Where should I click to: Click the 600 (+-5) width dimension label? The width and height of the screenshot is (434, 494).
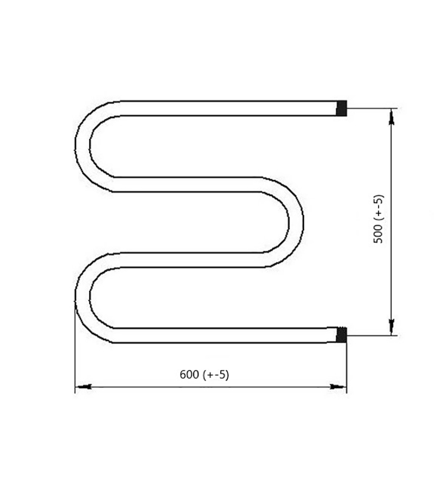[x=205, y=375]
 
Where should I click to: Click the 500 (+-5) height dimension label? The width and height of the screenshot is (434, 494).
[x=378, y=219]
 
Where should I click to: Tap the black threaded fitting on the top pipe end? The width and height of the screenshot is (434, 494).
[x=341, y=109]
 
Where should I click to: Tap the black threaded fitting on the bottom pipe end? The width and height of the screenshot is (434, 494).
[x=341, y=335]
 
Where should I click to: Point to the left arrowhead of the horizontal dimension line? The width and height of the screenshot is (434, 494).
[x=84, y=387]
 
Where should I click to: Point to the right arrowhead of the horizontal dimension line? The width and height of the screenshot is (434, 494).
[x=338, y=387]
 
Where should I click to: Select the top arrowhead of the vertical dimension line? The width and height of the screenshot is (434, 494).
[x=392, y=117]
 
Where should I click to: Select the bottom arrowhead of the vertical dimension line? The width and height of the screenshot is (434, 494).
[x=392, y=327]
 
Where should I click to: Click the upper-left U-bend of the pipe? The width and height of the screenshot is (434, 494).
[x=82, y=146]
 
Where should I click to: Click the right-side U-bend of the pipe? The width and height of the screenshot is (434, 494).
[x=296, y=222]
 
